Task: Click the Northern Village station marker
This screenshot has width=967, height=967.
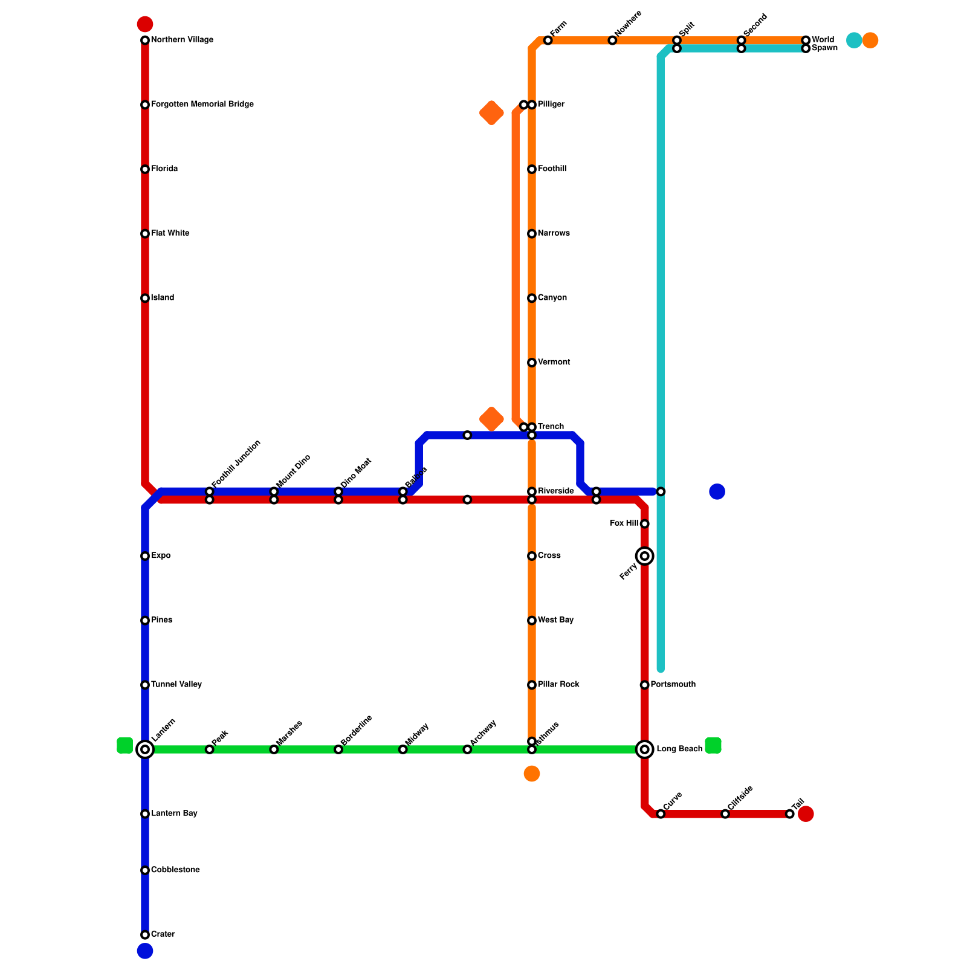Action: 145,40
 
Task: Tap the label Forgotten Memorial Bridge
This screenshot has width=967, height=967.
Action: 202,105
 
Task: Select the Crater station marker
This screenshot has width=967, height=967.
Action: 145,935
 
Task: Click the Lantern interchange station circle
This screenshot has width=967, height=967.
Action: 145,750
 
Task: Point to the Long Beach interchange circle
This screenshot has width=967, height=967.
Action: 645,750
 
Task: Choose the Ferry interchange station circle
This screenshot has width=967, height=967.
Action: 645,556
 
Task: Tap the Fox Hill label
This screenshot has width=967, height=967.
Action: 624,523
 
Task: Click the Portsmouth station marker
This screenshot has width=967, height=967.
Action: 645,685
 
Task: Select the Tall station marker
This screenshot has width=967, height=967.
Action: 790,814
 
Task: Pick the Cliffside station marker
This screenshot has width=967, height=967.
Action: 725,814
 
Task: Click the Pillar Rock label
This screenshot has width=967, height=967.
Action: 558,685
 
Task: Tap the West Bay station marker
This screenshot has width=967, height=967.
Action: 532,621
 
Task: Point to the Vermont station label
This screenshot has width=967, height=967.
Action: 554,363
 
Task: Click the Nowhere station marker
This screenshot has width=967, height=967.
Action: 612,40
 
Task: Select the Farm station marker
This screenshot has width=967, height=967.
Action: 548,40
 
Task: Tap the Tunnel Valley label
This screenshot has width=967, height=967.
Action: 176,685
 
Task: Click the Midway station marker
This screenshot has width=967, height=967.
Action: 403,750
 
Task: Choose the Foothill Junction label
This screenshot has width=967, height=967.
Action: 236,464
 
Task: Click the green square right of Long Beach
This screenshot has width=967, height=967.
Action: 713,746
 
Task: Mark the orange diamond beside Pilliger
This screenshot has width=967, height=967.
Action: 491,113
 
